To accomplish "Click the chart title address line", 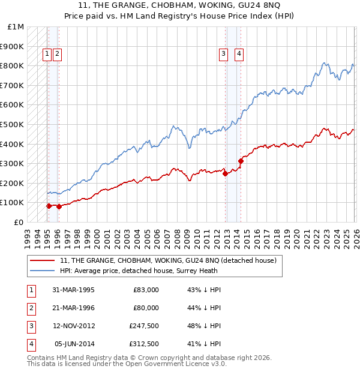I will (x=179, y=5).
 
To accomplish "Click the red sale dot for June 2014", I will (x=241, y=161).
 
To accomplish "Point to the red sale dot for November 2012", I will (x=226, y=173).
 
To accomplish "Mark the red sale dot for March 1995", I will (x=49, y=206).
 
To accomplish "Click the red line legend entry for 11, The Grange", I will (x=168, y=260).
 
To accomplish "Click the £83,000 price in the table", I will (x=146, y=290).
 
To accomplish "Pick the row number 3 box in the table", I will (x=31, y=326).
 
